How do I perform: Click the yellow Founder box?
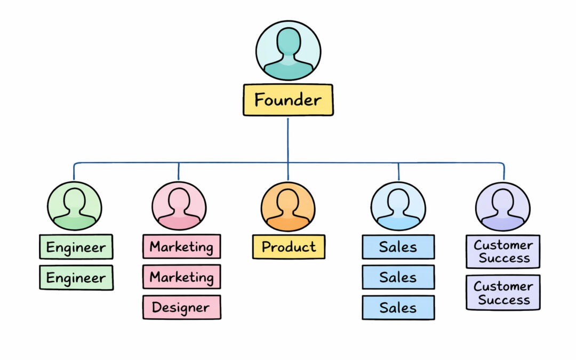(x=288, y=100)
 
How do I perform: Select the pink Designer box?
(x=181, y=307)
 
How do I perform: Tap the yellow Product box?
(x=289, y=247)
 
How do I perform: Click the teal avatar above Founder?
(x=288, y=51)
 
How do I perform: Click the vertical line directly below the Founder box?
(x=288, y=139)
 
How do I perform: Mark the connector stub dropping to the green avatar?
(x=74, y=172)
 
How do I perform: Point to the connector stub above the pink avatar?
(x=179, y=172)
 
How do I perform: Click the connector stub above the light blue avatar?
(x=398, y=172)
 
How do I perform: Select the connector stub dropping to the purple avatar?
(x=503, y=172)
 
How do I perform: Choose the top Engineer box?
(x=76, y=247)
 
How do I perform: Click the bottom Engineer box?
(x=76, y=277)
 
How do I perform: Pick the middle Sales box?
(x=398, y=277)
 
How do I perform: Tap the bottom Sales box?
(x=398, y=307)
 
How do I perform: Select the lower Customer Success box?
(x=503, y=292)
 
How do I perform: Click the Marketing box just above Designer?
(x=181, y=277)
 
